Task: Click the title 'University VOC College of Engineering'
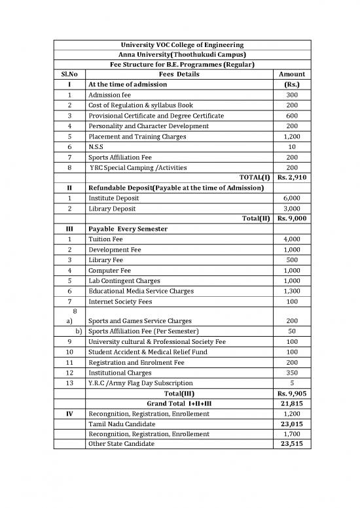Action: click(179, 44)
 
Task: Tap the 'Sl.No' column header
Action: click(69, 75)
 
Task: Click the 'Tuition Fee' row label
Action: click(107, 240)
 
